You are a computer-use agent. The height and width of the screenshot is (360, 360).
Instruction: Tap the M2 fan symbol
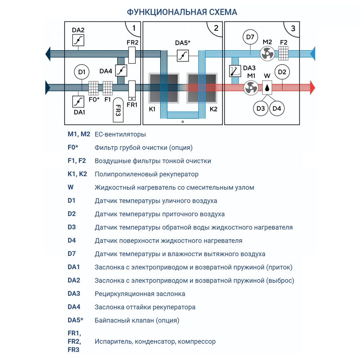coord(267,54)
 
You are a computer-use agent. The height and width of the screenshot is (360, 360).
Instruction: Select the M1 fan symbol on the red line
coord(251,87)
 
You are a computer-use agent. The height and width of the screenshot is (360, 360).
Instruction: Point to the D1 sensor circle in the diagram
coord(81,72)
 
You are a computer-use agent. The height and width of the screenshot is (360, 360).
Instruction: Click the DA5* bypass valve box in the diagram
coord(183,55)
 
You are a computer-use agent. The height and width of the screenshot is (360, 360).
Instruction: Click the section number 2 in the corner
coord(216,28)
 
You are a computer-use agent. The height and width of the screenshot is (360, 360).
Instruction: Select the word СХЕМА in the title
coord(223,12)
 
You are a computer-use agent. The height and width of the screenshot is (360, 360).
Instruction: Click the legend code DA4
coord(74,307)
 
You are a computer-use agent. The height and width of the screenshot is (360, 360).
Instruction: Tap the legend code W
coord(71,187)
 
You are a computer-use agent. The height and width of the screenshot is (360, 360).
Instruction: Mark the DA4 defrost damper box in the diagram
coord(122,70)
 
